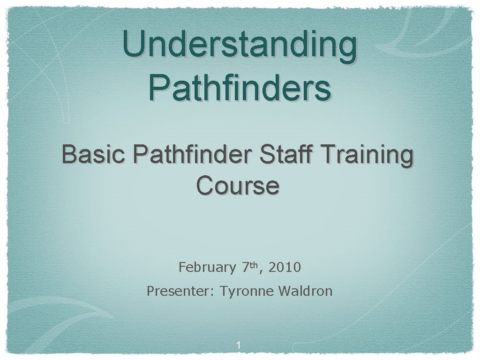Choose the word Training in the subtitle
(x=363, y=156)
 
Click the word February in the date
(x=207, y=268)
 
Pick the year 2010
(x=285, y=268)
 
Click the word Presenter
(x=179, y=291)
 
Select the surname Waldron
(x=305, y=291)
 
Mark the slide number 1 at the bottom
(x=239, y=346)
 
